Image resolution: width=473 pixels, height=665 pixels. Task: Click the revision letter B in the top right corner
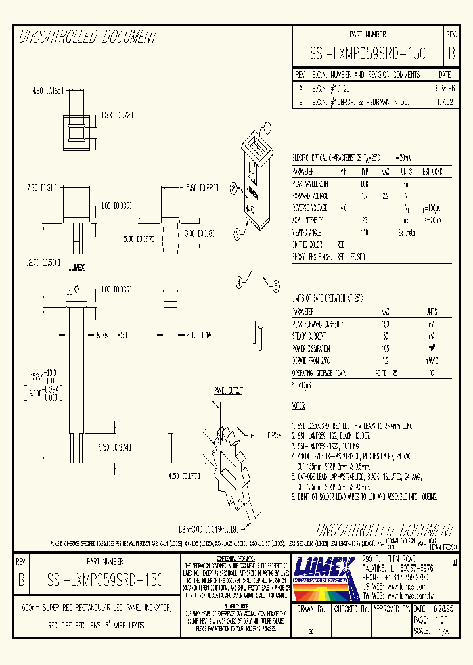451,53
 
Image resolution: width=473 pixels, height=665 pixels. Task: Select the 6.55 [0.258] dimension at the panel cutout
266,435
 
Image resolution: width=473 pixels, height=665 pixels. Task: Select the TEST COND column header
432,172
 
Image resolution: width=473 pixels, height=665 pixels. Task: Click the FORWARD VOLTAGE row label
311,196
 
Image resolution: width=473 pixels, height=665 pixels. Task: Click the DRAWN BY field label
311,609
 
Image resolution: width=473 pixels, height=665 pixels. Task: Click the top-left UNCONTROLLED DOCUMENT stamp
89,37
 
